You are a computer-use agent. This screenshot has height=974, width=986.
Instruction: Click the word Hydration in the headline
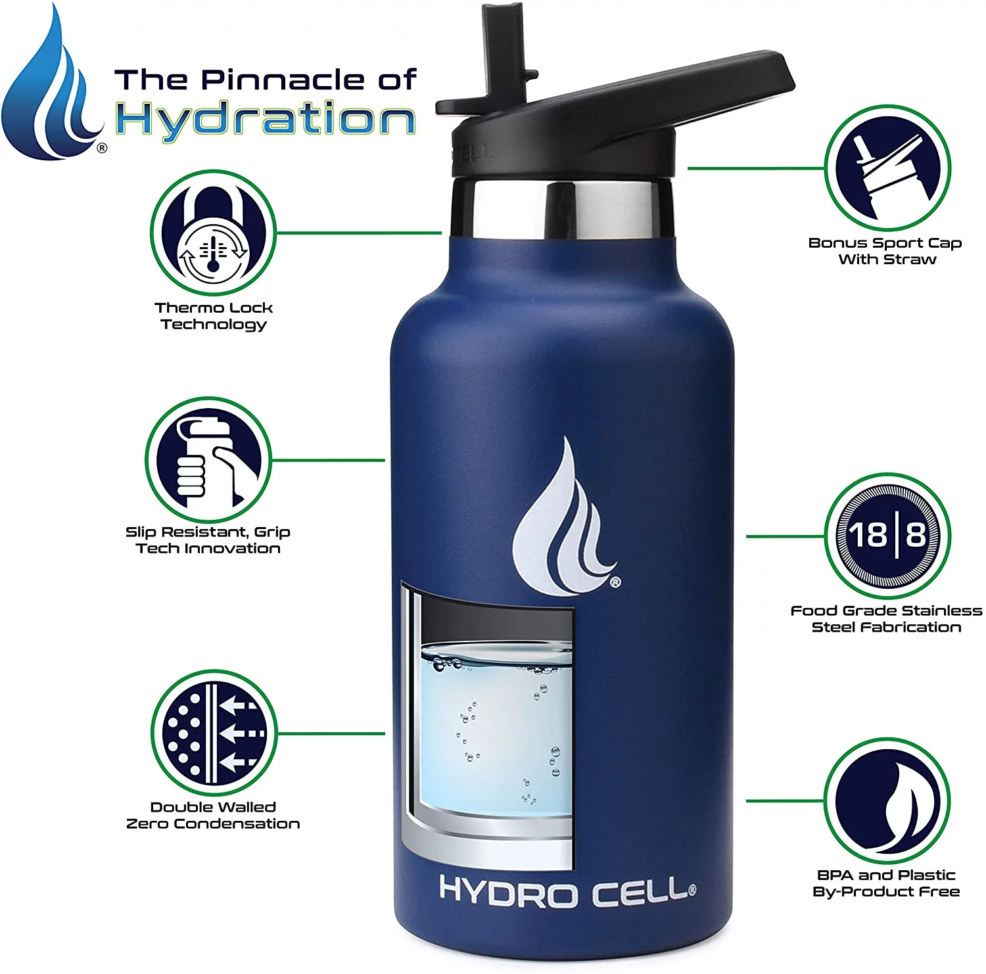pos(266,119)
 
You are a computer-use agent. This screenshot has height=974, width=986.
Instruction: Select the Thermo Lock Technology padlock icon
pos(214,233)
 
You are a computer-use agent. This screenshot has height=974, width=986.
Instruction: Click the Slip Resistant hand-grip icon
pos(208,460)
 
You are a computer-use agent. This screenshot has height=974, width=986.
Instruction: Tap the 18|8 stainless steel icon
pos(887,536)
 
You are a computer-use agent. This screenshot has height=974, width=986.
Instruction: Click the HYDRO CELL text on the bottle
pos(567,891)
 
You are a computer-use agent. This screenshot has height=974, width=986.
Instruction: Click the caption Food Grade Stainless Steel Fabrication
pos(886,618)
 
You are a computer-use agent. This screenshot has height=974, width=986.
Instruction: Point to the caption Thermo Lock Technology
pos(214,315)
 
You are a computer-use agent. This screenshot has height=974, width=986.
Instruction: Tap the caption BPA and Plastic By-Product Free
pos(886,883)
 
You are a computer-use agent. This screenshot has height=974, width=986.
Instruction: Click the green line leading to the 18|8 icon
pos(785,536)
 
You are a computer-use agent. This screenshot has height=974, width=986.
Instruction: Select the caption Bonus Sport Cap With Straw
pos(885,251)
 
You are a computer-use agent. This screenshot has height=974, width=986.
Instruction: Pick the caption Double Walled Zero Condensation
pos(213,815)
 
